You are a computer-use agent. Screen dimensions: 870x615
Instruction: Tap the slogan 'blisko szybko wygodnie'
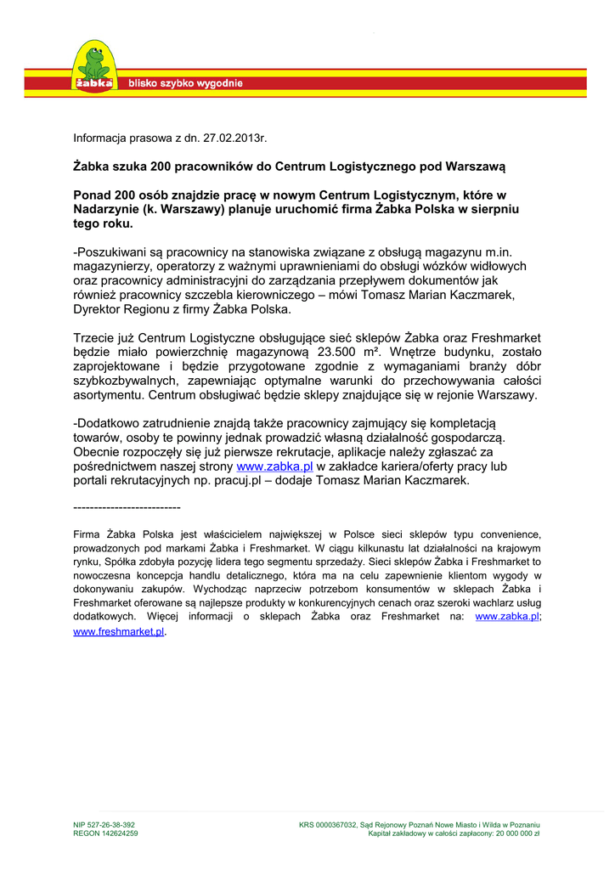[185, 83]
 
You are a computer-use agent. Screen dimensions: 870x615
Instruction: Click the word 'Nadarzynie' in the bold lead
[106, 209]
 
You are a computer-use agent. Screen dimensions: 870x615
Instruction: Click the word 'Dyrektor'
[99, 309]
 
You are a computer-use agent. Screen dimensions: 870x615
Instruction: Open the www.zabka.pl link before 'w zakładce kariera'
[274, 466]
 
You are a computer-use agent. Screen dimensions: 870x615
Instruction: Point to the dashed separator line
[127, 507]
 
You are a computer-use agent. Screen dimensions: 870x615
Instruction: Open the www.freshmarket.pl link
[119, 632]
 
